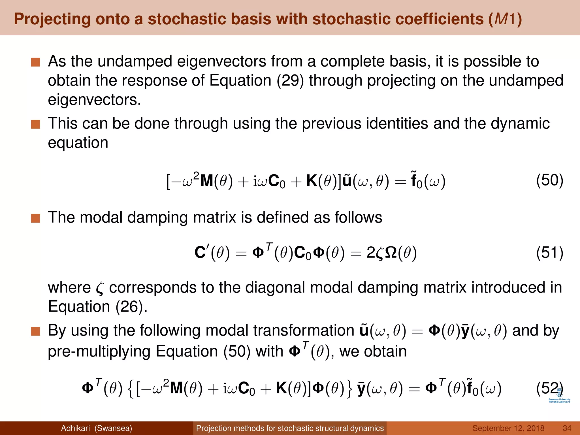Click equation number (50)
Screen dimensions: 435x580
[549, 180]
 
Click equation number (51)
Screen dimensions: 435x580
[549, 253]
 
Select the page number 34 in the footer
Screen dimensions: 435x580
[567, 428]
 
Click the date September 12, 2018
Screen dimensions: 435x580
[508, 428]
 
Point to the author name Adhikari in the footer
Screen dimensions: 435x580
[75, 428]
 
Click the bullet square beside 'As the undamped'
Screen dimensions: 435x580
[36, 62]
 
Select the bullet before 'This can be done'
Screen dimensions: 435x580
[36, 124]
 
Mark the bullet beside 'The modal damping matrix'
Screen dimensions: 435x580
[36, 218]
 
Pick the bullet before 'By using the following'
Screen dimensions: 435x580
[36, 331]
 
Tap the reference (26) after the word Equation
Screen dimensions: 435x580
[131, 306]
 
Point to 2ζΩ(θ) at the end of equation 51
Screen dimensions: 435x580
[391, 253]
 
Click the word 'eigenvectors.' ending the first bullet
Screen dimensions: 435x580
[94, 100]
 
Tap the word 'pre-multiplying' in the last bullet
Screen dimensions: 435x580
[99, 352]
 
